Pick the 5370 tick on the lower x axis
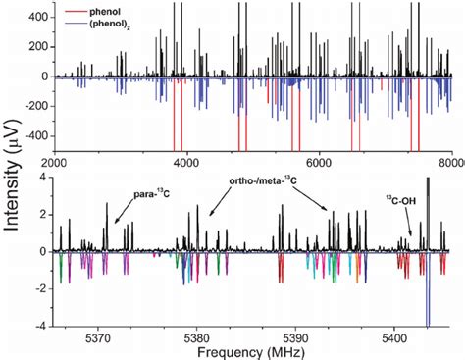coord(98,336)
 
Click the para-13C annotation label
coord(152,194)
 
